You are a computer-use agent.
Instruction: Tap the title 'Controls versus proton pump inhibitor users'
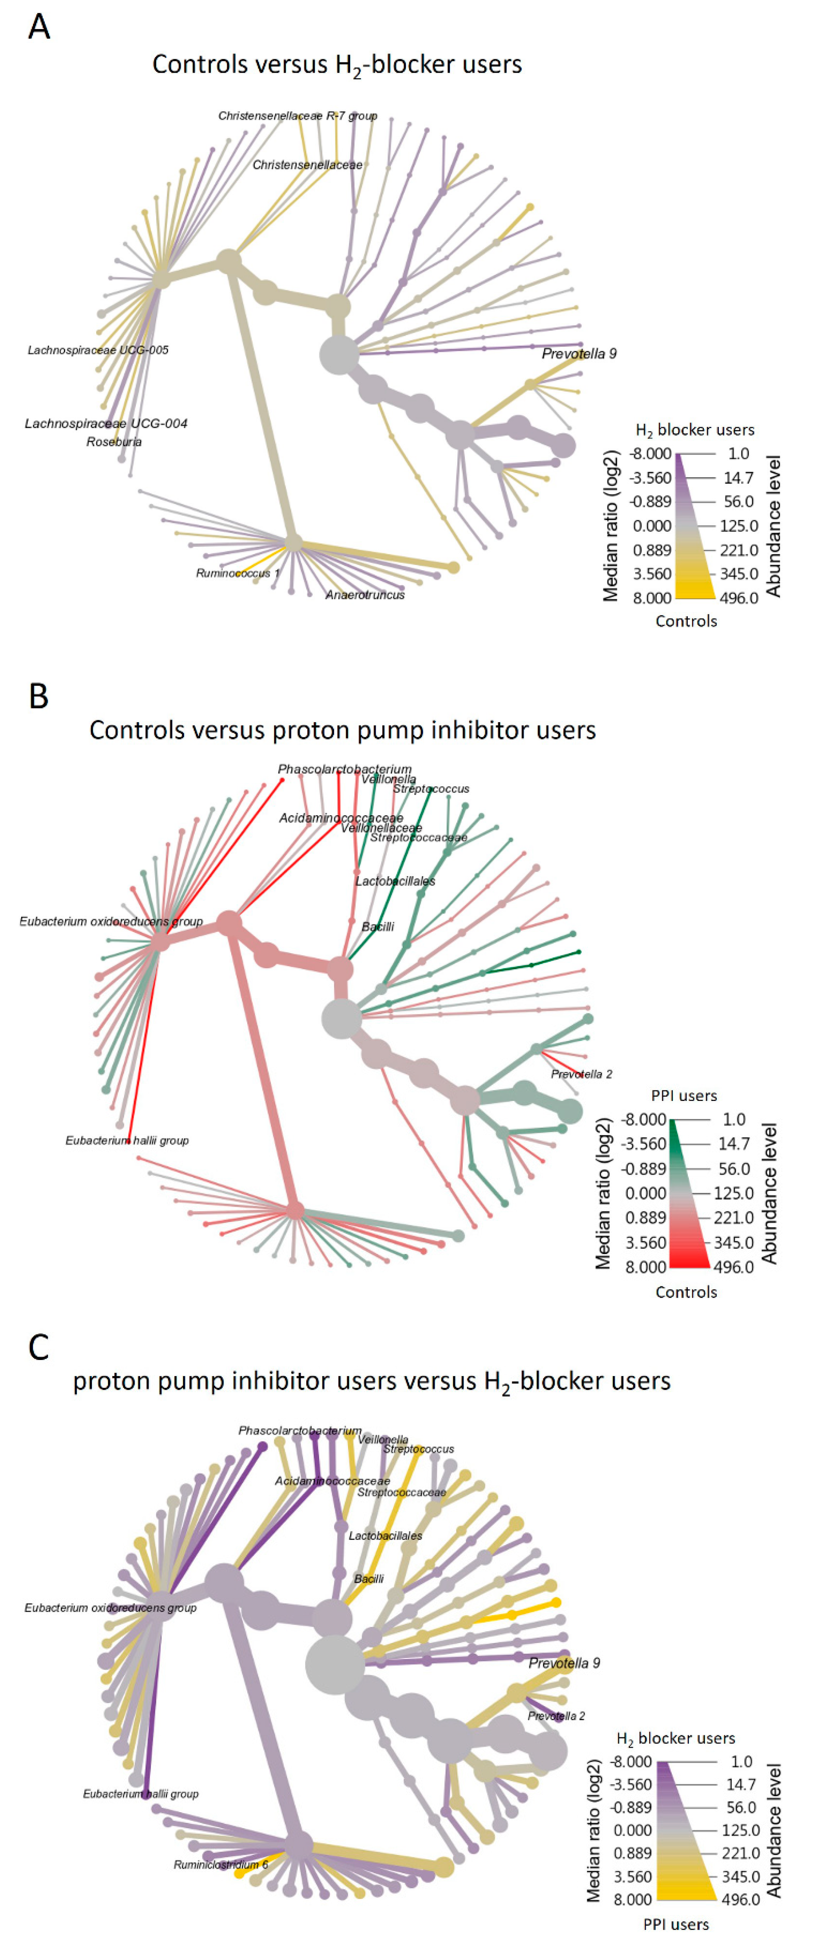[342, 730]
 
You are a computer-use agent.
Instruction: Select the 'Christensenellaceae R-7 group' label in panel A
[298, 115]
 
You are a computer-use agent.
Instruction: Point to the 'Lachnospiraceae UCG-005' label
[98, 350]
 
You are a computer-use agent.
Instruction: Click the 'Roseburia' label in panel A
[114, 442]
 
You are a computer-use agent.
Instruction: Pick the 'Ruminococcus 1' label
[237, 573]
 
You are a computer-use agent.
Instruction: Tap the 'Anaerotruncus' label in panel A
[365, 595]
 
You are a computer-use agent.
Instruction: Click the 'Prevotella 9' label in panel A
[579, 354]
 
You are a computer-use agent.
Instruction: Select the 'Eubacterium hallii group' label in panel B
[127, 1141]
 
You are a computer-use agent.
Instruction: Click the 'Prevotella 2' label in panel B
[581, 1074]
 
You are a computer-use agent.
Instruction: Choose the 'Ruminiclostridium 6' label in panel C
[221, 1864]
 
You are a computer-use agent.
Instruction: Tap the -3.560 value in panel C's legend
[631, 1784]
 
